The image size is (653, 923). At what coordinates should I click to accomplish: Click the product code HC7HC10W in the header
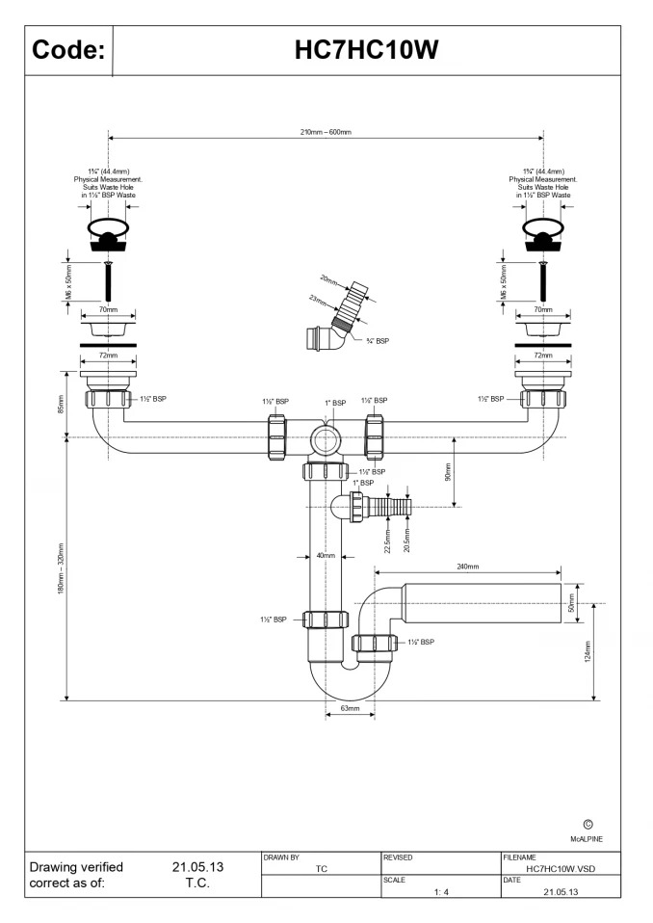(366, 50)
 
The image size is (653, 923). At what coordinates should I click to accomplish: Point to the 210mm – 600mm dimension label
(326, 132)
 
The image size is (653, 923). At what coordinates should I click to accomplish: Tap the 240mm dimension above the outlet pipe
(468, 567)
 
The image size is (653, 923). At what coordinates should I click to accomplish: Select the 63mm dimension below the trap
(350, 708)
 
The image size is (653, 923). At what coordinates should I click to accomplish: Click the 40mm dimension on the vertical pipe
(326, 555)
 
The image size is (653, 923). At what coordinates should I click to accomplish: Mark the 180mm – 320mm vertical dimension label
(61, 568)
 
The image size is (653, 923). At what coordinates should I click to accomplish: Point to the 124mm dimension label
(587, 651)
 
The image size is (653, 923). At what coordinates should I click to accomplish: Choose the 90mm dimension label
(447, 472)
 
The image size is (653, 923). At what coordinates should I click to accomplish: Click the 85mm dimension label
(61, 404)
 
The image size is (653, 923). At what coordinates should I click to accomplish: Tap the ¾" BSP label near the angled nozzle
(378, 341)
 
